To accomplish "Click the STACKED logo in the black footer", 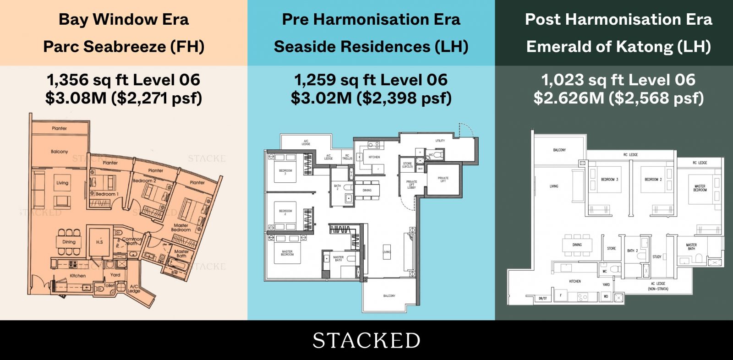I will [366, 341].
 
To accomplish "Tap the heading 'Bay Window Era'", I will [124, 20].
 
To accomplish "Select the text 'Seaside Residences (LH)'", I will [371, 47].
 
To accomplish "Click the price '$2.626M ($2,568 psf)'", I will [618, 98].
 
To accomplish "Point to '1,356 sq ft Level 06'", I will [124, 80].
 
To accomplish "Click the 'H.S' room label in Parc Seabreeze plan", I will [99, 242].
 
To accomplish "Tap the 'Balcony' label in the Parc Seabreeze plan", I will [60, 152].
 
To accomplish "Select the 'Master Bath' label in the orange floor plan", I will [181, 254].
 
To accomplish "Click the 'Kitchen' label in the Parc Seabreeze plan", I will [78, 276].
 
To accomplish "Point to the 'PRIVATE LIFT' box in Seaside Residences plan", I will [443, 180].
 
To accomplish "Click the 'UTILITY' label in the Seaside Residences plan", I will [440, 141].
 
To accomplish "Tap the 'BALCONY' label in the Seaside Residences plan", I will [389, 296].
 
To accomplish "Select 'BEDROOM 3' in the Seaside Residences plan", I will [285, 172].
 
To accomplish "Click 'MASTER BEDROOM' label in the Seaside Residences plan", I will [287, 253].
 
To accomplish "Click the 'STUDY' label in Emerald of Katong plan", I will [657, 257].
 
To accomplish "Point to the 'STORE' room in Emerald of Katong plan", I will [612, 249].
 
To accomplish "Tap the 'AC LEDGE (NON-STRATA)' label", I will [658, 286].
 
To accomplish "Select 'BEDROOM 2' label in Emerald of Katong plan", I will [653, 180].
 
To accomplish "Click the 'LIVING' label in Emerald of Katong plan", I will [554, 186].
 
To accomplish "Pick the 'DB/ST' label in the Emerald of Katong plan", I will [542, 298].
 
